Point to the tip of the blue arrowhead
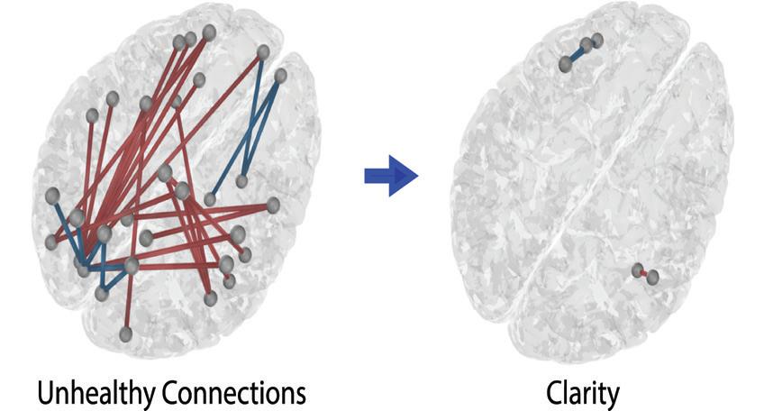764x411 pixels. [417, 175]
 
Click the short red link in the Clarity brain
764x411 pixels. [645, 273]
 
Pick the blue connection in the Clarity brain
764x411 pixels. [577, 53]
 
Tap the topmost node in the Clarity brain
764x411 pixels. [596, 39]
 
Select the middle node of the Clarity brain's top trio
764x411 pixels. [587, 44]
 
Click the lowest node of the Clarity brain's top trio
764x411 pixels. [565, 64]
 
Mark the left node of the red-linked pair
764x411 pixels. [638, 269]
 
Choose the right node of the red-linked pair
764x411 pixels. [652, 277]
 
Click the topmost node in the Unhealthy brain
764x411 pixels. [209, 32]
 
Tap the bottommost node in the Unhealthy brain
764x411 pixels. [126, 334]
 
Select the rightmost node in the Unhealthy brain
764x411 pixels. [281, 75]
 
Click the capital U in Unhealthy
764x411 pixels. [44, 393]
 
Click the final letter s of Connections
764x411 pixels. [300, 395]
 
